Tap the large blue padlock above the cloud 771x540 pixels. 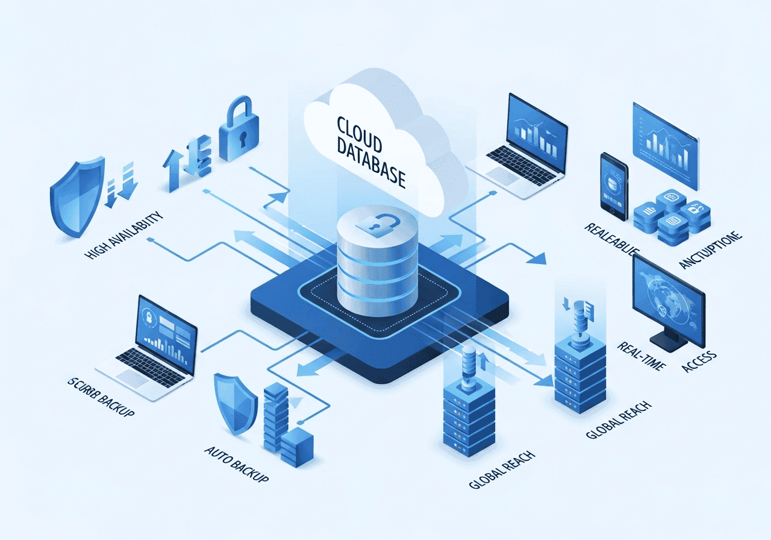[x=239, y=131]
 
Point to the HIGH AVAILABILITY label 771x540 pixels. [x=125, y=236]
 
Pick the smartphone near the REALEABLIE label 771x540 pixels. [x=614, y=184]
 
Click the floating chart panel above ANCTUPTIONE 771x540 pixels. [x=666, y=145]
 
